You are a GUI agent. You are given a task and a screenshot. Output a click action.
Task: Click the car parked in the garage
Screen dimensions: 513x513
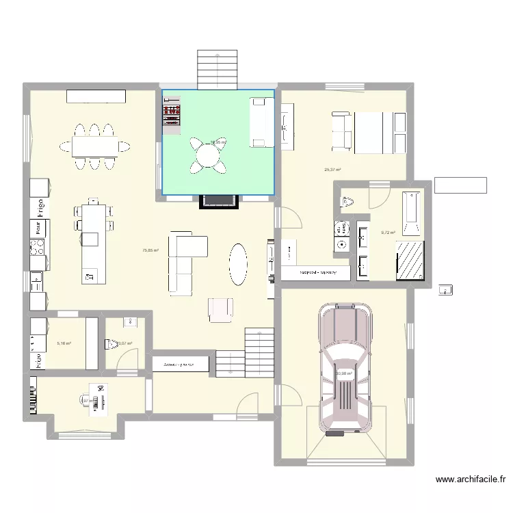coord(345,369)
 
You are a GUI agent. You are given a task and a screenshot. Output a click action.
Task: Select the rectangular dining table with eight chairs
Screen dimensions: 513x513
coord(95,145)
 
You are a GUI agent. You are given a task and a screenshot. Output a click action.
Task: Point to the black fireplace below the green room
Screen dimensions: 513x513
coord(218,201)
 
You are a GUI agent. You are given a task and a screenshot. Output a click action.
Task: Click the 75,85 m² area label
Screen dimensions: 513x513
coord(150,250)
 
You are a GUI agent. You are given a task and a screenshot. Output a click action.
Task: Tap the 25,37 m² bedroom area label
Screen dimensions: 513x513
coord(332,170)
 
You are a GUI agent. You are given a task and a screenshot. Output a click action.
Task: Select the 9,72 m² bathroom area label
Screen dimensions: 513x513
coord(388,233)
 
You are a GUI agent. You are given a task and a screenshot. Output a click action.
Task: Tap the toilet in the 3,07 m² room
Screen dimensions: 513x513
coord(111,344)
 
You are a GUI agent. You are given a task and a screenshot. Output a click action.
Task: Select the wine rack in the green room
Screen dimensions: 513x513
coord(171,113)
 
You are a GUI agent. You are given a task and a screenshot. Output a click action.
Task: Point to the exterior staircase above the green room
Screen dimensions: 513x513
coord(218,68)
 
